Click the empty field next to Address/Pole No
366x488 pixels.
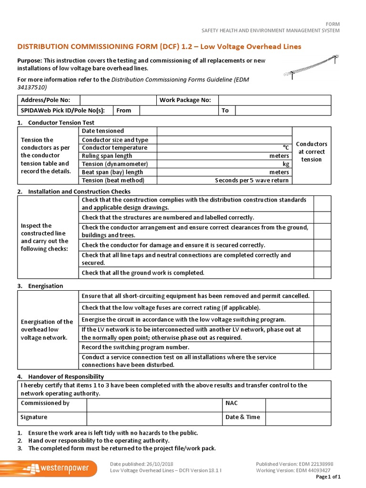point(118,100)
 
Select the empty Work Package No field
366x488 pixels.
point(274,100)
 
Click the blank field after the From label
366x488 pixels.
point(179,111)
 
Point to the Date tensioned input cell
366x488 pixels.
point(224,131)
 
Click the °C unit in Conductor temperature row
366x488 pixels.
point(285,148)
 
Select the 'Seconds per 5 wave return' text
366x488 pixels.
point(252,181)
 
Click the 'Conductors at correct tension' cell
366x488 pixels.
point(311,152)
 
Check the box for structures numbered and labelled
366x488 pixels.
point(322,217)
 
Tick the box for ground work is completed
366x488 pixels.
point(322,273)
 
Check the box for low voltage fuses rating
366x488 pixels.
point(322,308)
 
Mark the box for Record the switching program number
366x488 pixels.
point(322,347)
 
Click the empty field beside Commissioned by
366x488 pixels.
point(154,405)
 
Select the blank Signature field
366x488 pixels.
point(154,418)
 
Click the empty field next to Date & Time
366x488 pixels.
point(298,418)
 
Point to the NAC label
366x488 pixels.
point(231,403)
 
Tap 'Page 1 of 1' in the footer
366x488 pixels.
point(328,477)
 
